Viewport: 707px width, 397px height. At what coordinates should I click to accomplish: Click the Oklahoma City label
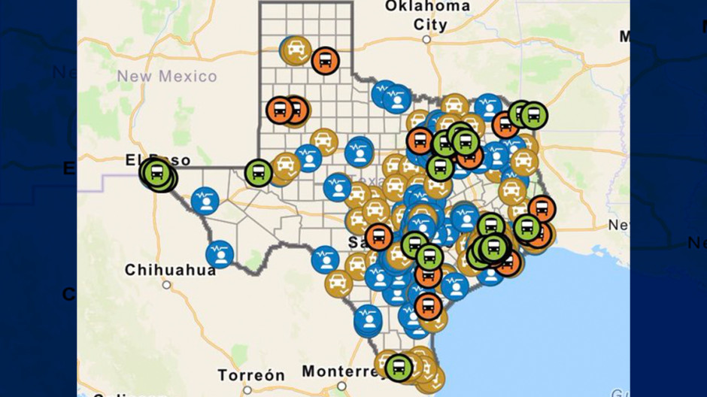pyautogui.click(x=426, y=15)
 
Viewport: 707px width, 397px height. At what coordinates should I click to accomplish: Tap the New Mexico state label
pyautogui.click(x=166, y=76)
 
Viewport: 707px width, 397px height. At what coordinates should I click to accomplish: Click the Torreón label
pyautogui.click(x=251, y=374)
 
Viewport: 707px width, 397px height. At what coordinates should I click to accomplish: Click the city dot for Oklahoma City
pyautogui.click(x=426, y=39)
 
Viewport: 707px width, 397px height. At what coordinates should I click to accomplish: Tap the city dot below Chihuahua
pyautogui.click(x=166, y=285)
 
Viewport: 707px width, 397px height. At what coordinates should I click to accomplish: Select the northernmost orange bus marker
pyautogui.click(x=325, y=60)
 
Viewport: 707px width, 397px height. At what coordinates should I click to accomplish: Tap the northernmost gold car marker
pyautogui.click(x=296, y=50)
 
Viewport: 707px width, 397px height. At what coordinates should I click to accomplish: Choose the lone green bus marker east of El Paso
pyautogui.click(x=259, y=173)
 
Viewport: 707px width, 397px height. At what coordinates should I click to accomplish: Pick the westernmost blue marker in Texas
pyautogui.click(x=204, y=201)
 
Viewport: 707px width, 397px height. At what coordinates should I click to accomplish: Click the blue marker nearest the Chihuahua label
pyautogui.click(x=220, y=254)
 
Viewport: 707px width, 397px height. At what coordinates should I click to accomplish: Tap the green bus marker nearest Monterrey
pyautogui.click(x=399, y=368)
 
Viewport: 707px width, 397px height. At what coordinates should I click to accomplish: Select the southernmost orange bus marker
pyautogui.click(x=428, y=306)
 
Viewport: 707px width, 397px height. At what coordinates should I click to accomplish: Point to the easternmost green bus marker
pyautogui.click(x=533, y=115)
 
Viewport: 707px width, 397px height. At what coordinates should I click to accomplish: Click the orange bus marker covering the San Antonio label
pyautogui.click(x=378, y=237)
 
